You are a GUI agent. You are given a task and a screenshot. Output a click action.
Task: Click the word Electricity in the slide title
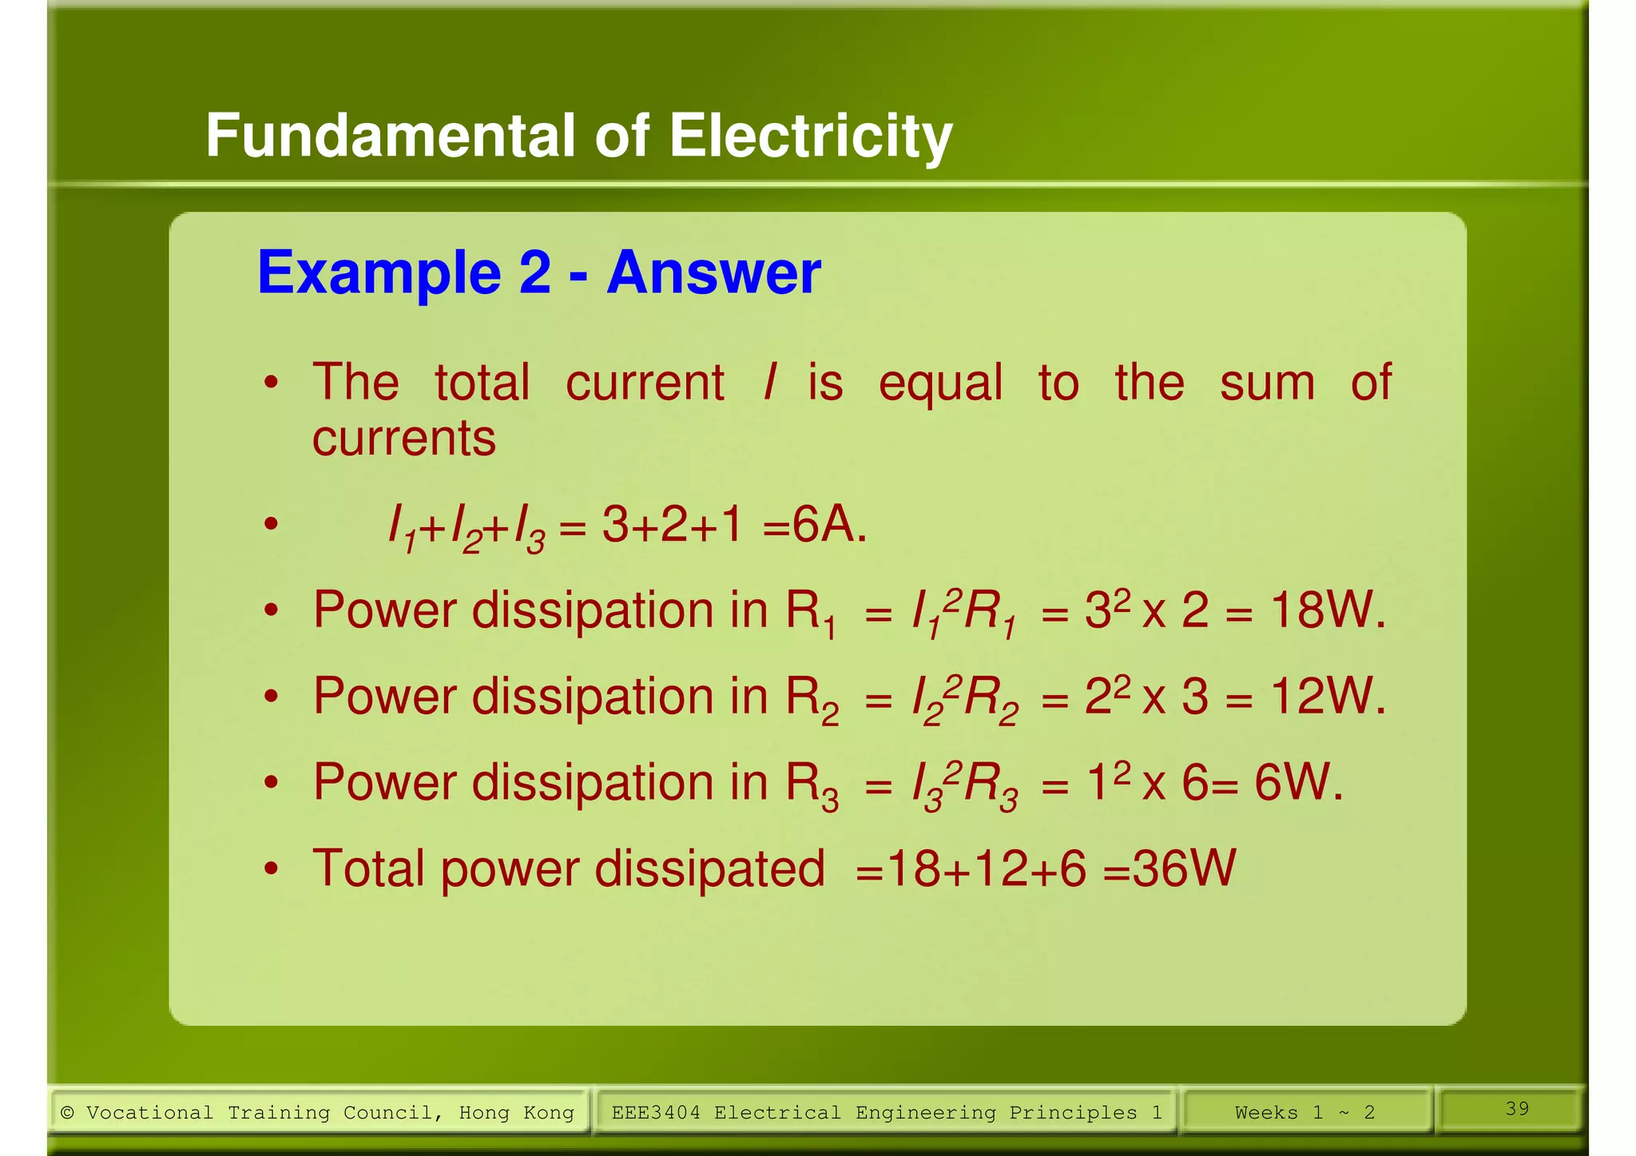pyautogui.click(x=810, y=136)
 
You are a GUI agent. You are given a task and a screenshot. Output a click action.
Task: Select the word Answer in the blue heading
pyautogui.click(x=713, y=273)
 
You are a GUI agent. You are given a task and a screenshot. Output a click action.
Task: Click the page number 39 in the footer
pyautogui.click(x=1517, y=1108)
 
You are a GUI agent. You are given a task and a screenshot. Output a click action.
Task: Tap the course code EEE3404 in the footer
pyautogui.click(x=655, y=1113)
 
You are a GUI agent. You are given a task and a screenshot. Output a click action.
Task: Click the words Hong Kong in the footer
pyautogui.click(x=516, y=1113)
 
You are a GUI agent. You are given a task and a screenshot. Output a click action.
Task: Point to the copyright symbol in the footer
pyautogui.click(x=68, y=1113)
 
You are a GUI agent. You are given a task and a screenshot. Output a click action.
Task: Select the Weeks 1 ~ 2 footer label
pyautogui.click(x=1304, y=1113)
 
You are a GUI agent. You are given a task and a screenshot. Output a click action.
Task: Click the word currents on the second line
pyautogui.click(x=403, y=439)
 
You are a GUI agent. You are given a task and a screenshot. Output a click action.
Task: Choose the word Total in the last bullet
pyautogui.click(x=367, y=869)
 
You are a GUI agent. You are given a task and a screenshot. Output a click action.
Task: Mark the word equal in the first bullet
pyautogui.click(x=939, y=383)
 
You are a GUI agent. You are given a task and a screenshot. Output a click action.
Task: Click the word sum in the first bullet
pyautogui.click(x=1267, y=383)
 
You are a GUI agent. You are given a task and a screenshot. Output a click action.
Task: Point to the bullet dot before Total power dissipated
pyautogui.click(x=272, y=869)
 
